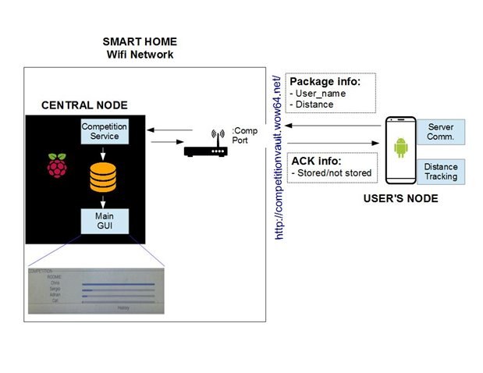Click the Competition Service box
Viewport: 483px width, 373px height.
(105, 131)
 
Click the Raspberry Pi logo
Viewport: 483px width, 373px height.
(56, 165)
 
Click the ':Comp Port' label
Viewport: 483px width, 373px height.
(244, 136)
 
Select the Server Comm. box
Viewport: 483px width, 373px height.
(441, 132)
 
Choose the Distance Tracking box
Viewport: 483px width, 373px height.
(441, 172)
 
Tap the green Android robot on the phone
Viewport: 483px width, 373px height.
(401, 147)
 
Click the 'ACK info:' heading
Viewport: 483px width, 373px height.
(314, 160)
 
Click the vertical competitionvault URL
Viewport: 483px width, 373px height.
(279, 156)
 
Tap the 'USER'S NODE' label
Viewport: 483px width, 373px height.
(400, 199)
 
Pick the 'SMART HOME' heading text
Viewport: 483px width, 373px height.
(140, 41)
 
